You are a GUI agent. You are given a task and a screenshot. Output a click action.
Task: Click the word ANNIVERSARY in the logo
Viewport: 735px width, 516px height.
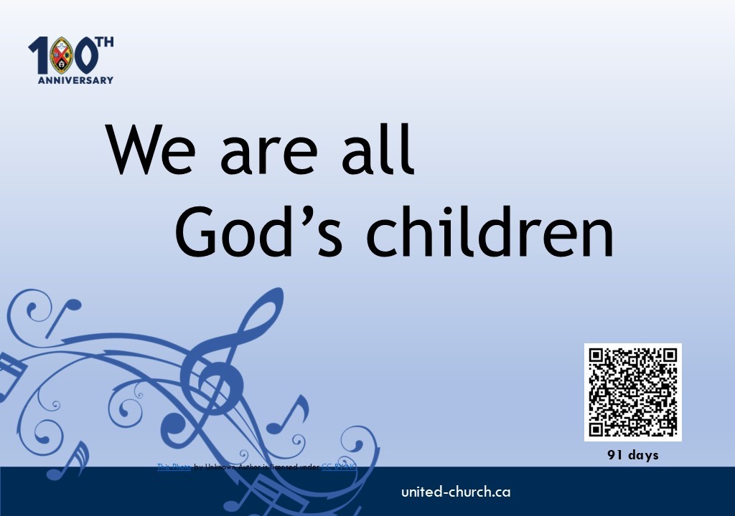(75, 80)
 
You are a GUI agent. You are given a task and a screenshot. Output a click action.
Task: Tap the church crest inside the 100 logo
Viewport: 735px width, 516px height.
(61, 55)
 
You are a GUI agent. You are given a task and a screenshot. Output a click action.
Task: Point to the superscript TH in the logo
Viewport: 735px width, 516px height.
(105, 42)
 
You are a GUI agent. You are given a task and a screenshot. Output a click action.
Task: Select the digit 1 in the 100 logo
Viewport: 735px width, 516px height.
(38, 56)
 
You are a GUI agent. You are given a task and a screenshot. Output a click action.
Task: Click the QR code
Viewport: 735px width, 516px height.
(632, 392)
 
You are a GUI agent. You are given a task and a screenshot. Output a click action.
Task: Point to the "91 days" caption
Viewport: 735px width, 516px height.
(632, 455)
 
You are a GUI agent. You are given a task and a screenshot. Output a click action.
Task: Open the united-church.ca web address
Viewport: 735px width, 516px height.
(456, 492)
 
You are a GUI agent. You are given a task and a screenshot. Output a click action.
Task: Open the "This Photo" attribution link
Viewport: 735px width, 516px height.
(174, 467)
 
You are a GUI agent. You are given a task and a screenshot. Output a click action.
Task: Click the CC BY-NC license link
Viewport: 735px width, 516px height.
(338, 467)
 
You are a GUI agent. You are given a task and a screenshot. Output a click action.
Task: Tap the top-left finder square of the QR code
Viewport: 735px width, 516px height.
(598, 357)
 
